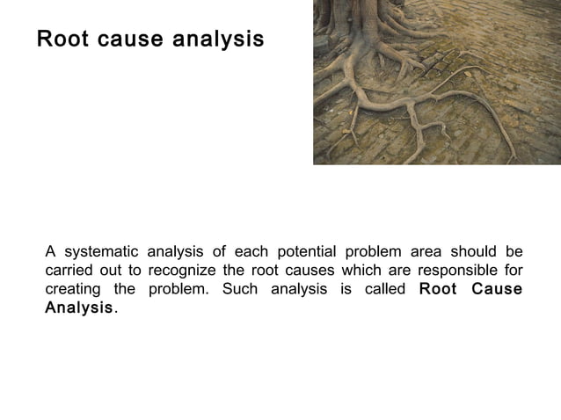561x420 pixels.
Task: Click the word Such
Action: tap(239, 289)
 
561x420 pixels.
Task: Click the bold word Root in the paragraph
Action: tap(438, 289)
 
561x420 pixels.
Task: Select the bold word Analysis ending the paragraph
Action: tap(79, 309)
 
